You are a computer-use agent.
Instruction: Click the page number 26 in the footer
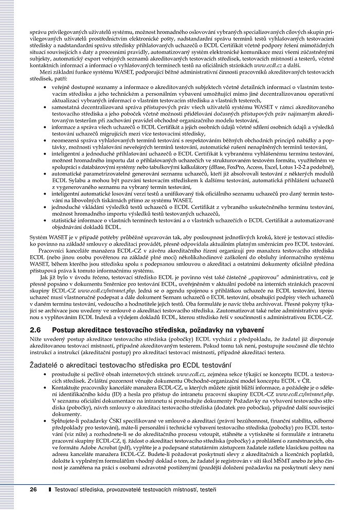pyautogui.click(x=33, y=489)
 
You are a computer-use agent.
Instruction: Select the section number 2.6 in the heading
pyautogui.click(x=37, y=329)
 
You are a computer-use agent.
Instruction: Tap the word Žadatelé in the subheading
pyautogui.click(x=44, y=364)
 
